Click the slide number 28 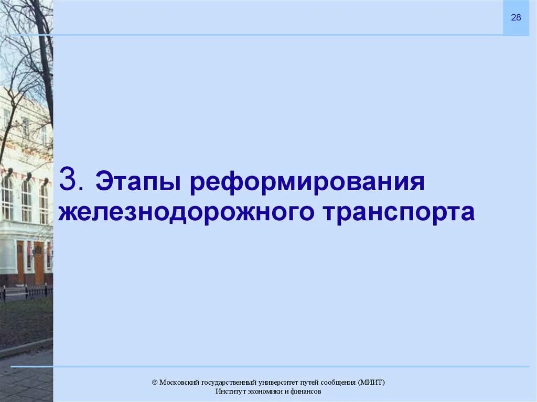click(516, 18)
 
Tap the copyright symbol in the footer click(155, 382)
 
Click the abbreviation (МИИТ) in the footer click(372, 382)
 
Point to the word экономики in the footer click(263, 392)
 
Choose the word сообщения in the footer click(341, 382)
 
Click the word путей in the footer click(316, 382)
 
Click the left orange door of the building click(20, 262)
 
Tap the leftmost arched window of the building click(7, 198)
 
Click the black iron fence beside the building click(26, 291)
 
